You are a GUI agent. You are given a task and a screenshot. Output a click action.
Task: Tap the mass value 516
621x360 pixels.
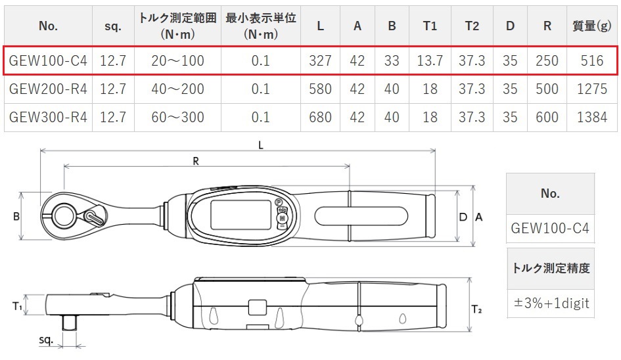(x=591, y=61)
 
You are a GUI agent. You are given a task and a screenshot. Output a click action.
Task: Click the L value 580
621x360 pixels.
(x=320, y=89)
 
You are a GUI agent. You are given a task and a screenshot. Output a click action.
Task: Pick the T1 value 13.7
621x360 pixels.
(x=430, y=61)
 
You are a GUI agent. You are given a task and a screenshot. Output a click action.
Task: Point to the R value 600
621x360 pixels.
(x=547, y=118)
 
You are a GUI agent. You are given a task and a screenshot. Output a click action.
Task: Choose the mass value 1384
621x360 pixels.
(x=591, y=118)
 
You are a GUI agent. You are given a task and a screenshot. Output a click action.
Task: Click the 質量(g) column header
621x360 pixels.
(x=591, y=26)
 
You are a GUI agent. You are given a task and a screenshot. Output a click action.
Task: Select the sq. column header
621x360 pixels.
(x=113, y=26)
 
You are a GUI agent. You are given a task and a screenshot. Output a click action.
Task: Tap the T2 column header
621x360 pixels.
(x=471, y=26)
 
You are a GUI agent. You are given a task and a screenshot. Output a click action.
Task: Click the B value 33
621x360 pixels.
(x=392, y=61)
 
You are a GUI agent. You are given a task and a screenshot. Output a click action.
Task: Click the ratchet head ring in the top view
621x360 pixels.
(x=64, y=215)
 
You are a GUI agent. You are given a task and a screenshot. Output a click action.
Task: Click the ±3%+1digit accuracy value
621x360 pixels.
(x=551, y=304)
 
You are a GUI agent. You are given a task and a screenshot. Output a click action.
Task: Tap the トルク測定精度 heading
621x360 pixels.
(x=551, y=268)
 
